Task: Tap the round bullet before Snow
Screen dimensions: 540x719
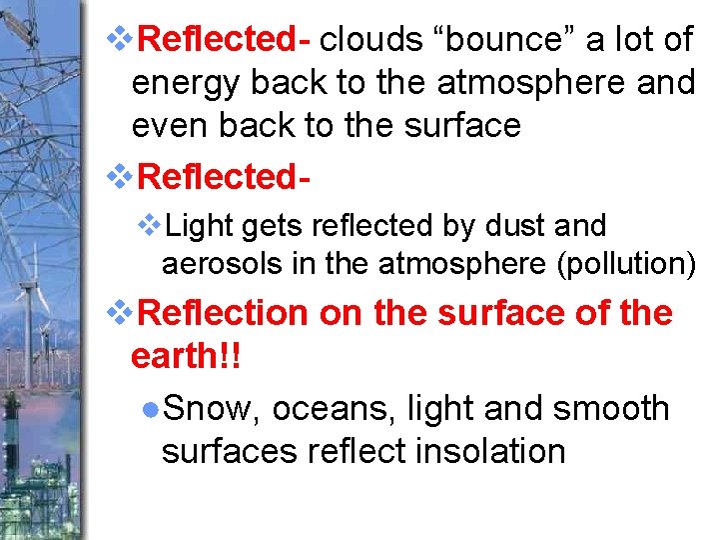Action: (149, 409)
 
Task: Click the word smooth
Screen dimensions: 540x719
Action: (610, 408)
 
